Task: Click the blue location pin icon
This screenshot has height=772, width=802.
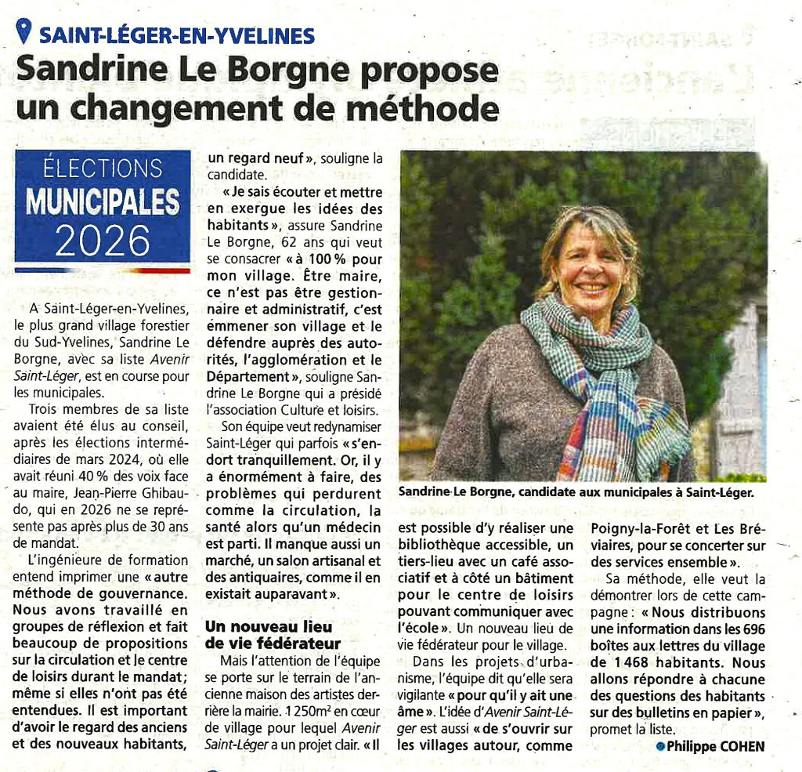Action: coord(24,32)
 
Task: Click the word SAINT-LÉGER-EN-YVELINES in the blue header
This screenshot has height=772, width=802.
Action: coord(177,35)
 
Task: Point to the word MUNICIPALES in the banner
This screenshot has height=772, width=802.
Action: coord(103,201)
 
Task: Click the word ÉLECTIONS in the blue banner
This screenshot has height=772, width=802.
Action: coord(103,168)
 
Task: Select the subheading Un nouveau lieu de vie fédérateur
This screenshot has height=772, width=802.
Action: coord(268,635)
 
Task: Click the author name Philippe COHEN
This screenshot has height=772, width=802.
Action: coord(715,746)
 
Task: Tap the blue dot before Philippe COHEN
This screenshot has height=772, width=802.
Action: coord(660,746)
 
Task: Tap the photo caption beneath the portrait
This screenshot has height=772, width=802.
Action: coord(575,492)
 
